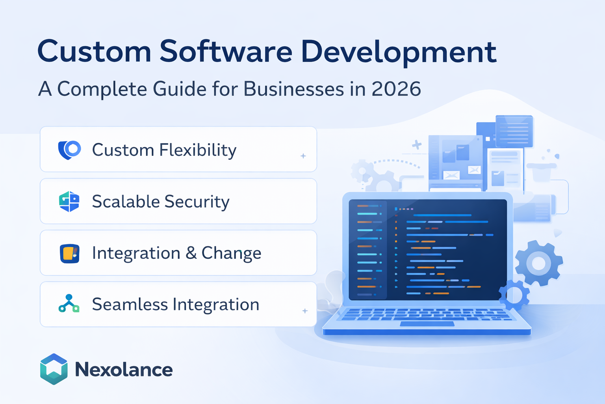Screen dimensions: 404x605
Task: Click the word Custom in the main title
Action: click(x=94, y=52)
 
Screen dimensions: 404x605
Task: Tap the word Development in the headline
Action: click(x=398, y=52)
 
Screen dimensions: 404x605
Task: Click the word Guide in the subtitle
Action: click(x=179, y=89)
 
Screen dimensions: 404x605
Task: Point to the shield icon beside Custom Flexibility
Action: click(x=69, y=150)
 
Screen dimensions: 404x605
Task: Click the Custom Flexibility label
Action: click(x=164, y=150)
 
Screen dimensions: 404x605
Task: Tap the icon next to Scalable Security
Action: click(x=69, y=201)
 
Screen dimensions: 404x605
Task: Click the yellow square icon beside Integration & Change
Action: click(x=70, y=253)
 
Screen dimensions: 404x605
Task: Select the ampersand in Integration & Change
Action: click(x=191, y=253)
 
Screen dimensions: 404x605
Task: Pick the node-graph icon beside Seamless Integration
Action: click(x=69, y=303)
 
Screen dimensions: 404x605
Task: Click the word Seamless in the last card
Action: click(x=130, y=304)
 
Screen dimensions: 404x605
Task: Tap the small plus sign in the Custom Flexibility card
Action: click(x=303, y=156)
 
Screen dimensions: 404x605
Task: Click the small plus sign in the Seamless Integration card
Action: click(x=305, y=311)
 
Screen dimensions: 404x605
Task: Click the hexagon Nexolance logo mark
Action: click(x=54, y=369)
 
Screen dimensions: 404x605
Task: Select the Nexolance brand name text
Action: click(x=124, y=370)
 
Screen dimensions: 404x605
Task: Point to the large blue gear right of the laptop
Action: click(x=538, y=263)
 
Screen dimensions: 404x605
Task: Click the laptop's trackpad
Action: click(x=427, y=324)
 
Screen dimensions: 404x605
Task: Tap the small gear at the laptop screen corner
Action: click(x=514, y=295)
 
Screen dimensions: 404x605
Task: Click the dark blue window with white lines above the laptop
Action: click(x=514, y=131)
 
